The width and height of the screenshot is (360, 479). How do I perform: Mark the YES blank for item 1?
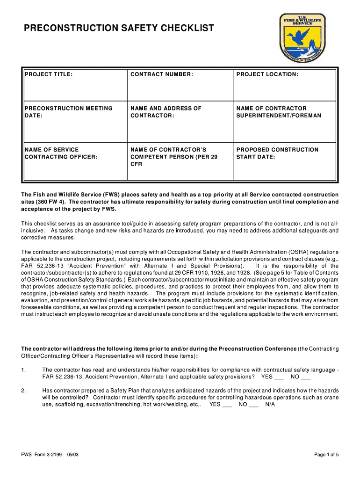(x=279, y=377)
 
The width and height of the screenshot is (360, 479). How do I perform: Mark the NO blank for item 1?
(x=306, y=377)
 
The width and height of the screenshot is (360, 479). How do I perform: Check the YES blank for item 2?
(x=227, y=405)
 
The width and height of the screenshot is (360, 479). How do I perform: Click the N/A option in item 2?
(x=270, y=404)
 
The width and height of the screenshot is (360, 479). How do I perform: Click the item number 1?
(x=23, y=370)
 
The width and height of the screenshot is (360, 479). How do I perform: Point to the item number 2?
(x=23, y=390)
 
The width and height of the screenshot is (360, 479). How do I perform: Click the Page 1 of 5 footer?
(x=326, y=455)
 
